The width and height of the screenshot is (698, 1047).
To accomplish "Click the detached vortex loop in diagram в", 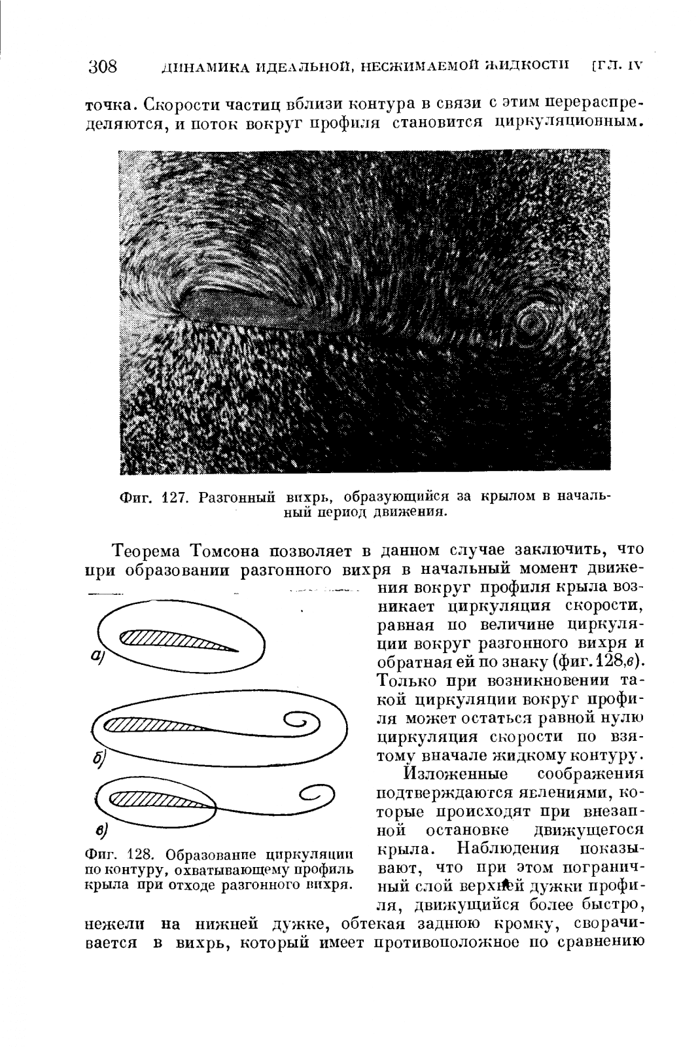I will (318, 795).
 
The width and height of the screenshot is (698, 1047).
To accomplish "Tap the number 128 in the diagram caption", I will (139, 855).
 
